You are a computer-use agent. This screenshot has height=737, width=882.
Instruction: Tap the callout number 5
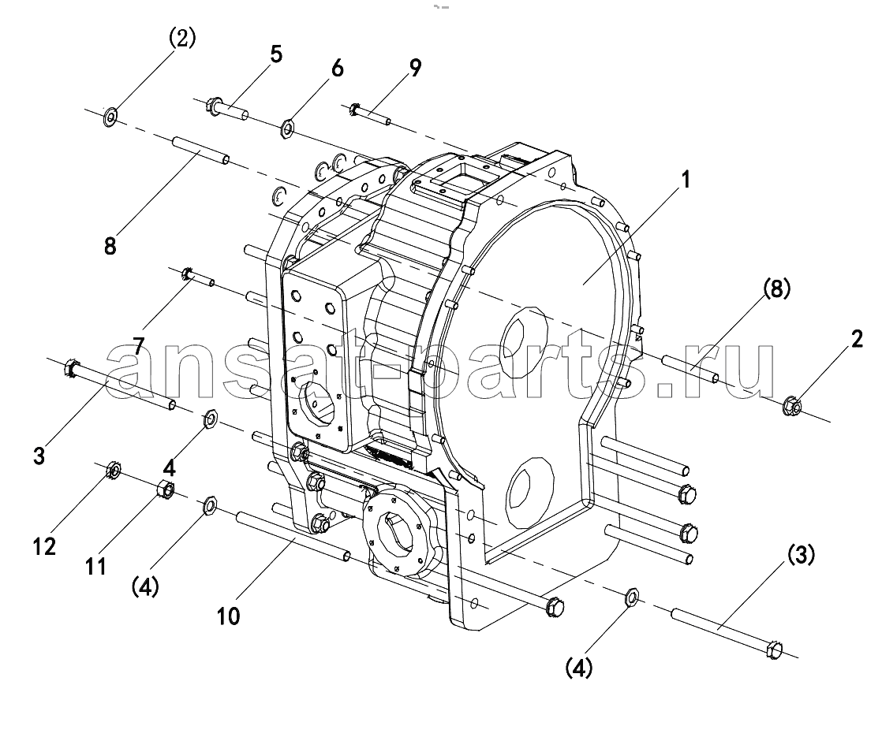pyautogui.click(x=275, y=54)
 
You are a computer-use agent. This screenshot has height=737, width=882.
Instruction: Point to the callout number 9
pyautogui.click(x=414, y=68)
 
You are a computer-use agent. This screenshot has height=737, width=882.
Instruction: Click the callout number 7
pyautogui.click(x=138, y=346)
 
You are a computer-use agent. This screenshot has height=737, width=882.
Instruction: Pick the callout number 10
pyautogui.click(x=228, y=616)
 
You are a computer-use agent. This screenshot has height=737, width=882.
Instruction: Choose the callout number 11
pyautogui.click(x=95, y=566)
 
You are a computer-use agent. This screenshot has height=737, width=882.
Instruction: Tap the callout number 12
pyautogui.click(x=44, y=545)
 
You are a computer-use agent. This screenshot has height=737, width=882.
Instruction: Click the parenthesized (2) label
pyautogui.click(x=181, y=39)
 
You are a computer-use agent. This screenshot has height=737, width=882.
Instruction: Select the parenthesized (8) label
pyautogui.click(x=777, y=289)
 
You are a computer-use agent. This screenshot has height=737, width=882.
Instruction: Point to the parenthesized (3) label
pyautogui.click(x=801, y=556)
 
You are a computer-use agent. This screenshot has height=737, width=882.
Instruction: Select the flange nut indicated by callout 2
pyautogui.click(x=793, y=406)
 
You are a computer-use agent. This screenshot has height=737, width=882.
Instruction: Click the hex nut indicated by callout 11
pyautogui.click(x=166, y=489)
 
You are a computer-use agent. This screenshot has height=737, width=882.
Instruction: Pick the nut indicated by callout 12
pyautogui.click(x=113, y=470)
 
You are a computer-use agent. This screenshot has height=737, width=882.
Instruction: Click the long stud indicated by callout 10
pyautogui.click(x=293, y=536)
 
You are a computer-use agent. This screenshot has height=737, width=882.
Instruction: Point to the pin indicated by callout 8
pyautogui.click(x=200, y=150)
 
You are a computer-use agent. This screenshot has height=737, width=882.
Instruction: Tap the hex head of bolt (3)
pyautogui.click(x=775, y=650)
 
